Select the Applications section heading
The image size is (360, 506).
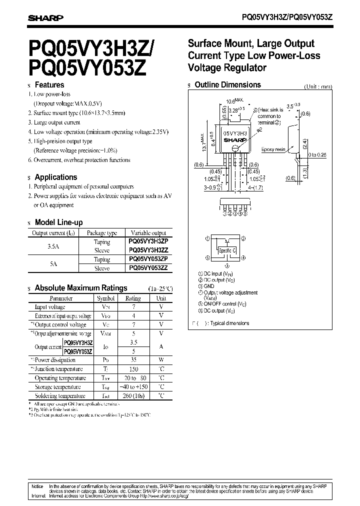(55, 177)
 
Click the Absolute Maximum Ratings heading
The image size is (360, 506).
(80, 288)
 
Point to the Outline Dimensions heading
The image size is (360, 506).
(227, 85)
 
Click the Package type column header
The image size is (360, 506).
(101, 233)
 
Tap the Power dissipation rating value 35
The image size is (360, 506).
(132, 360)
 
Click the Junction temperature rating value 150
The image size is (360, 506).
(132, 369)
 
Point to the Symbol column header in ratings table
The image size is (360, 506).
(105, 298)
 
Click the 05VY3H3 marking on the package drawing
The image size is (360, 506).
(234, 134)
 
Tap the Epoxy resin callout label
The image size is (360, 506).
(273, 149)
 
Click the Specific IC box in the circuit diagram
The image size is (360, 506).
(226, 249)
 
